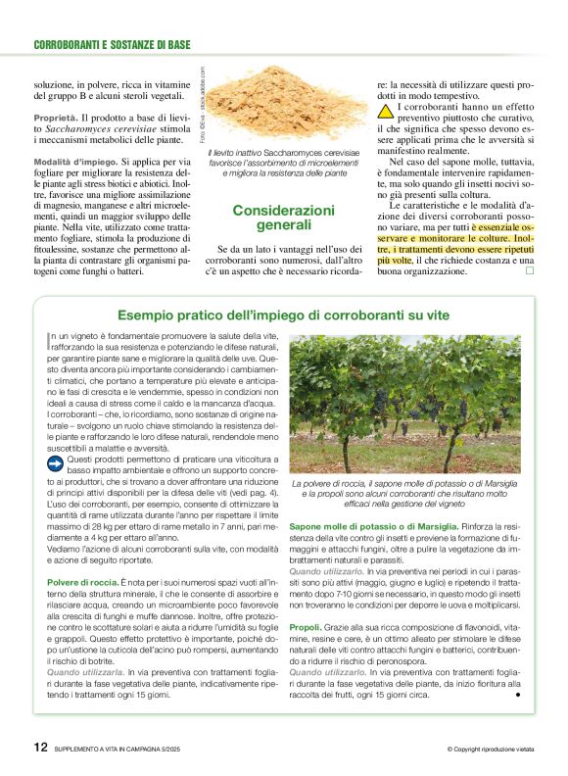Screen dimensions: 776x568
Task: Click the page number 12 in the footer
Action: [40, 747]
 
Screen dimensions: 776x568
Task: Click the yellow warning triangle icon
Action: [386, 110]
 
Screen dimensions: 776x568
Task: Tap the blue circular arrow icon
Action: [55, 461]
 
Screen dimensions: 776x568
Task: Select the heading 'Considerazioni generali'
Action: [283, 218]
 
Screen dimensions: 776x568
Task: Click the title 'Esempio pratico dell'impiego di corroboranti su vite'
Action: [283, 315]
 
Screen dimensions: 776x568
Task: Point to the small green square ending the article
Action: [529, 270]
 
